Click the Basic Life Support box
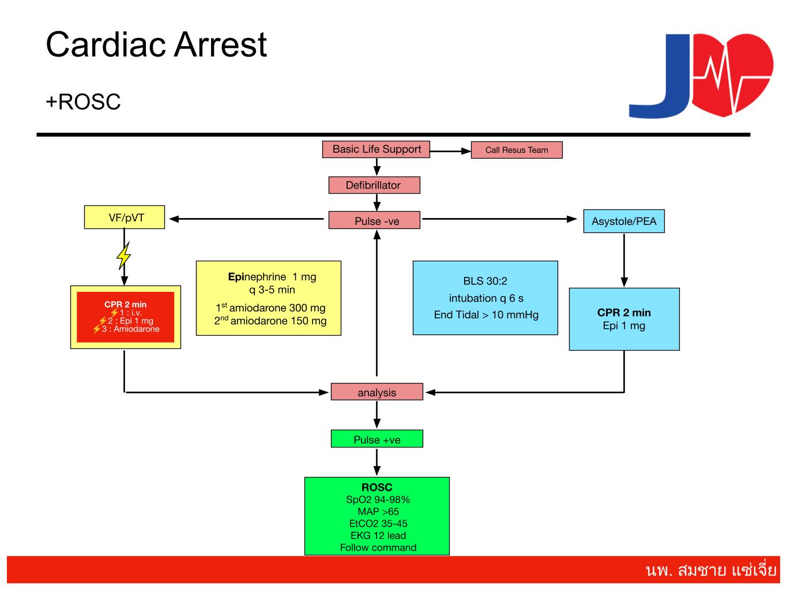coord(376,149)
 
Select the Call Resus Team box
coord(517,150)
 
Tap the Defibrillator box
coord(374,185)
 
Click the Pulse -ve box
coord(374,220)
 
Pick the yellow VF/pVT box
coord(125,217)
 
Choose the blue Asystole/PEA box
coord(624,221)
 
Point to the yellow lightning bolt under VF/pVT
coord(123,255)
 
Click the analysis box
coord(376,392)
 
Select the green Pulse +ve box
coord(376,439)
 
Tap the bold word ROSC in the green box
coord(376,487)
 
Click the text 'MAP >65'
coord(378,511)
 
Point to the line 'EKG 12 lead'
coord(378,535)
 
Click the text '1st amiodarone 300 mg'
coord(270,307)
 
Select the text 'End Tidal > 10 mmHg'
coord(486,315)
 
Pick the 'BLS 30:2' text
coord(485,281)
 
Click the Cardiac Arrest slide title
coord(156,44)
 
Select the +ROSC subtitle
coord(83,102)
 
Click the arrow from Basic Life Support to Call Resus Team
coord(450,151)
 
